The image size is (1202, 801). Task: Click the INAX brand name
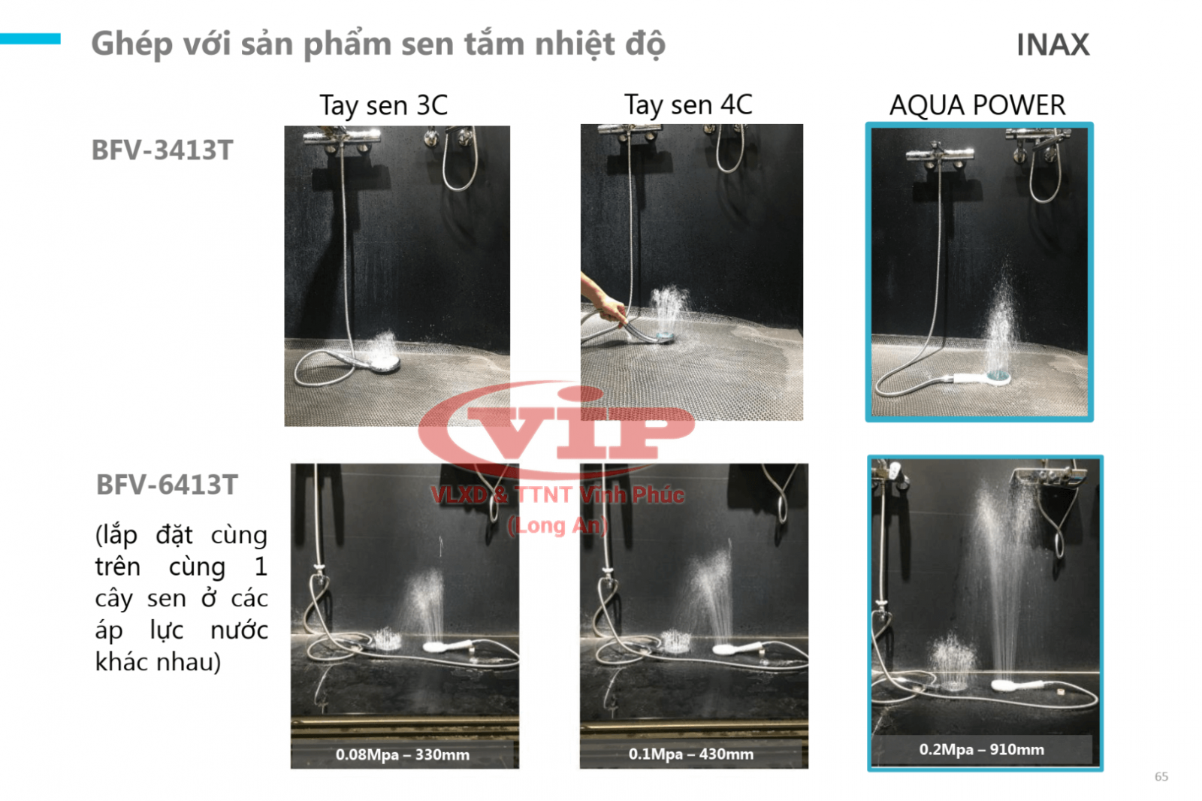click(1053, 44)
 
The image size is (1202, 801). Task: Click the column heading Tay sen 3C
click(384, 105)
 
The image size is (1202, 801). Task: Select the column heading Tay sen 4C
click(688, 104)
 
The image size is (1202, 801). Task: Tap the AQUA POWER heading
click(977, 104)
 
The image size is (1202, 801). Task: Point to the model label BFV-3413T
click(162, 150)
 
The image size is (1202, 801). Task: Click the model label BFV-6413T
click(167, 485)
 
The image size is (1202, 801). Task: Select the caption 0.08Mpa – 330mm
click(403, 755)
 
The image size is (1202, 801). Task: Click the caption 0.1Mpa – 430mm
click(691, 754)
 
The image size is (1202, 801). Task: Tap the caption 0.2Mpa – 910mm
click(982, 749)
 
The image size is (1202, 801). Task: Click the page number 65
click(1161, 776)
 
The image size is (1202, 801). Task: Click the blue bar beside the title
click(30, 38)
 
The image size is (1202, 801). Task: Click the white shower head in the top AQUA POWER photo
click(982, 379)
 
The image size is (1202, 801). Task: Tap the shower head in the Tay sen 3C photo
click(376, 363)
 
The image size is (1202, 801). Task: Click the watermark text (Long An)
click(557, 525)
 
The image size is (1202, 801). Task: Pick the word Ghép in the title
click(132, 45)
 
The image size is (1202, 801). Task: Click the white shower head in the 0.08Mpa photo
click(448, 646)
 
